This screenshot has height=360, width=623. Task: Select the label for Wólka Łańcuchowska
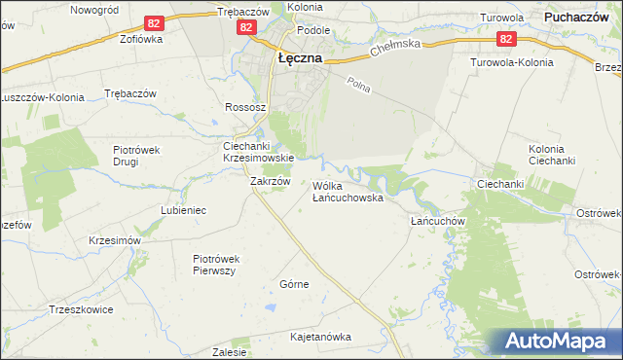point(348,191)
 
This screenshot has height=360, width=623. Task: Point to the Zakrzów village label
point(271,181)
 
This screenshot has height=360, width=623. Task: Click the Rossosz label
point(242,107)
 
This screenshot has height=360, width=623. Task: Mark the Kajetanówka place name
point(320,337)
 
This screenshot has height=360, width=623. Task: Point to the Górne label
point(294,284)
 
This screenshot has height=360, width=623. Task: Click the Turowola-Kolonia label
point(511,62)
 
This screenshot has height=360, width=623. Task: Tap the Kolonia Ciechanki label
point(553,154)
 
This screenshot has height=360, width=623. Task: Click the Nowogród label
point(95,9)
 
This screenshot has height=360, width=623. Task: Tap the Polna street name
point(358,88)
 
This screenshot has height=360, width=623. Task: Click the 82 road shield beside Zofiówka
point(154,22)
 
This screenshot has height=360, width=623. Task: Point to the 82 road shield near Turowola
point(505,39)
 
